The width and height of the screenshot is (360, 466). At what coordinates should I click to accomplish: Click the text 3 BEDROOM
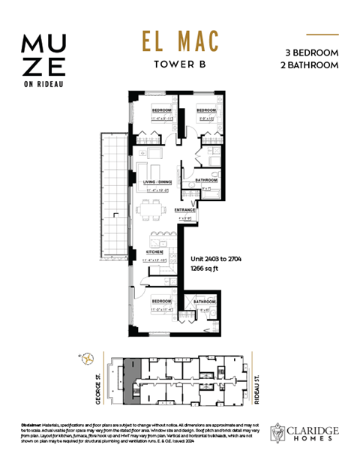point(311,53)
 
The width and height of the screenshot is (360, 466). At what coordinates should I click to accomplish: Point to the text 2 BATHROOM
point(311,65)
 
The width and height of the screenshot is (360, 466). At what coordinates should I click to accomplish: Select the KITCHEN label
point(145,252)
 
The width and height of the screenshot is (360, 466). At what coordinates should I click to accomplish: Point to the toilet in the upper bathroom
point(213,177)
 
